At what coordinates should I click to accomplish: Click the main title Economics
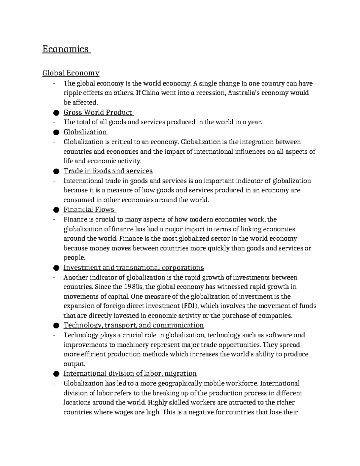pyautogui.click(x=66, y=49)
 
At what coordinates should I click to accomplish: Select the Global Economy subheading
pyautogui.click(x=71, y=73)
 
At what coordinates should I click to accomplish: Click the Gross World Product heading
pyautogui.click(x=98, y=113)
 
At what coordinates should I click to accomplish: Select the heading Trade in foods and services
pyautogui.click(x=108, y=171)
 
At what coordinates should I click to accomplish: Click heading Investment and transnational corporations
pyautogui.click(x=133, y=267)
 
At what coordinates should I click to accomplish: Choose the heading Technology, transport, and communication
pyautogui.click(x=133, y=325)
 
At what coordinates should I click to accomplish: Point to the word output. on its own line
pyautogui.click(x=75, y=364)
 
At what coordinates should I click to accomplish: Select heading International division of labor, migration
pyautogui.click(x=130, y=374)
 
